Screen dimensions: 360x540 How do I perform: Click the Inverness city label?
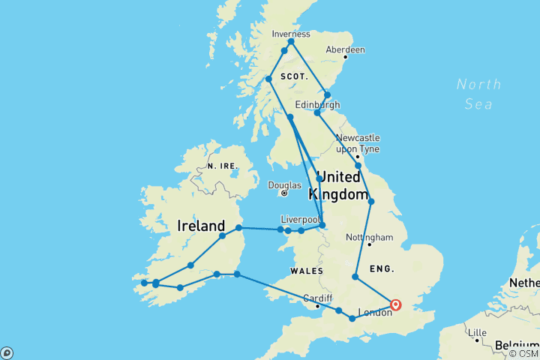tap(290, 34)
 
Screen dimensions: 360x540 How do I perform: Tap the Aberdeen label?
tap(345, 49)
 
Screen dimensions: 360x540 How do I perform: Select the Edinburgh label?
tap(317, 104)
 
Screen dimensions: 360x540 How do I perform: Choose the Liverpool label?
tap(300, 220)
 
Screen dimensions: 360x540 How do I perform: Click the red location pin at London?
tap(395, 304)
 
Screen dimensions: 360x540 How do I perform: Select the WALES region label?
tap(307, 271)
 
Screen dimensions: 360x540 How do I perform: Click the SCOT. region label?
tap(294, 77)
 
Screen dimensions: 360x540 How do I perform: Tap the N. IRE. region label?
tap(221, 165)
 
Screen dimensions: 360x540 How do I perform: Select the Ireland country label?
tap(201, 226)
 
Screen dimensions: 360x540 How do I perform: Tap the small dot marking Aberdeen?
tap(345, 57)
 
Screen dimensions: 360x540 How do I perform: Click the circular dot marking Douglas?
tap(284, 193)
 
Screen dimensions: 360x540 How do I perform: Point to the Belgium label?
tap(516, 345)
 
